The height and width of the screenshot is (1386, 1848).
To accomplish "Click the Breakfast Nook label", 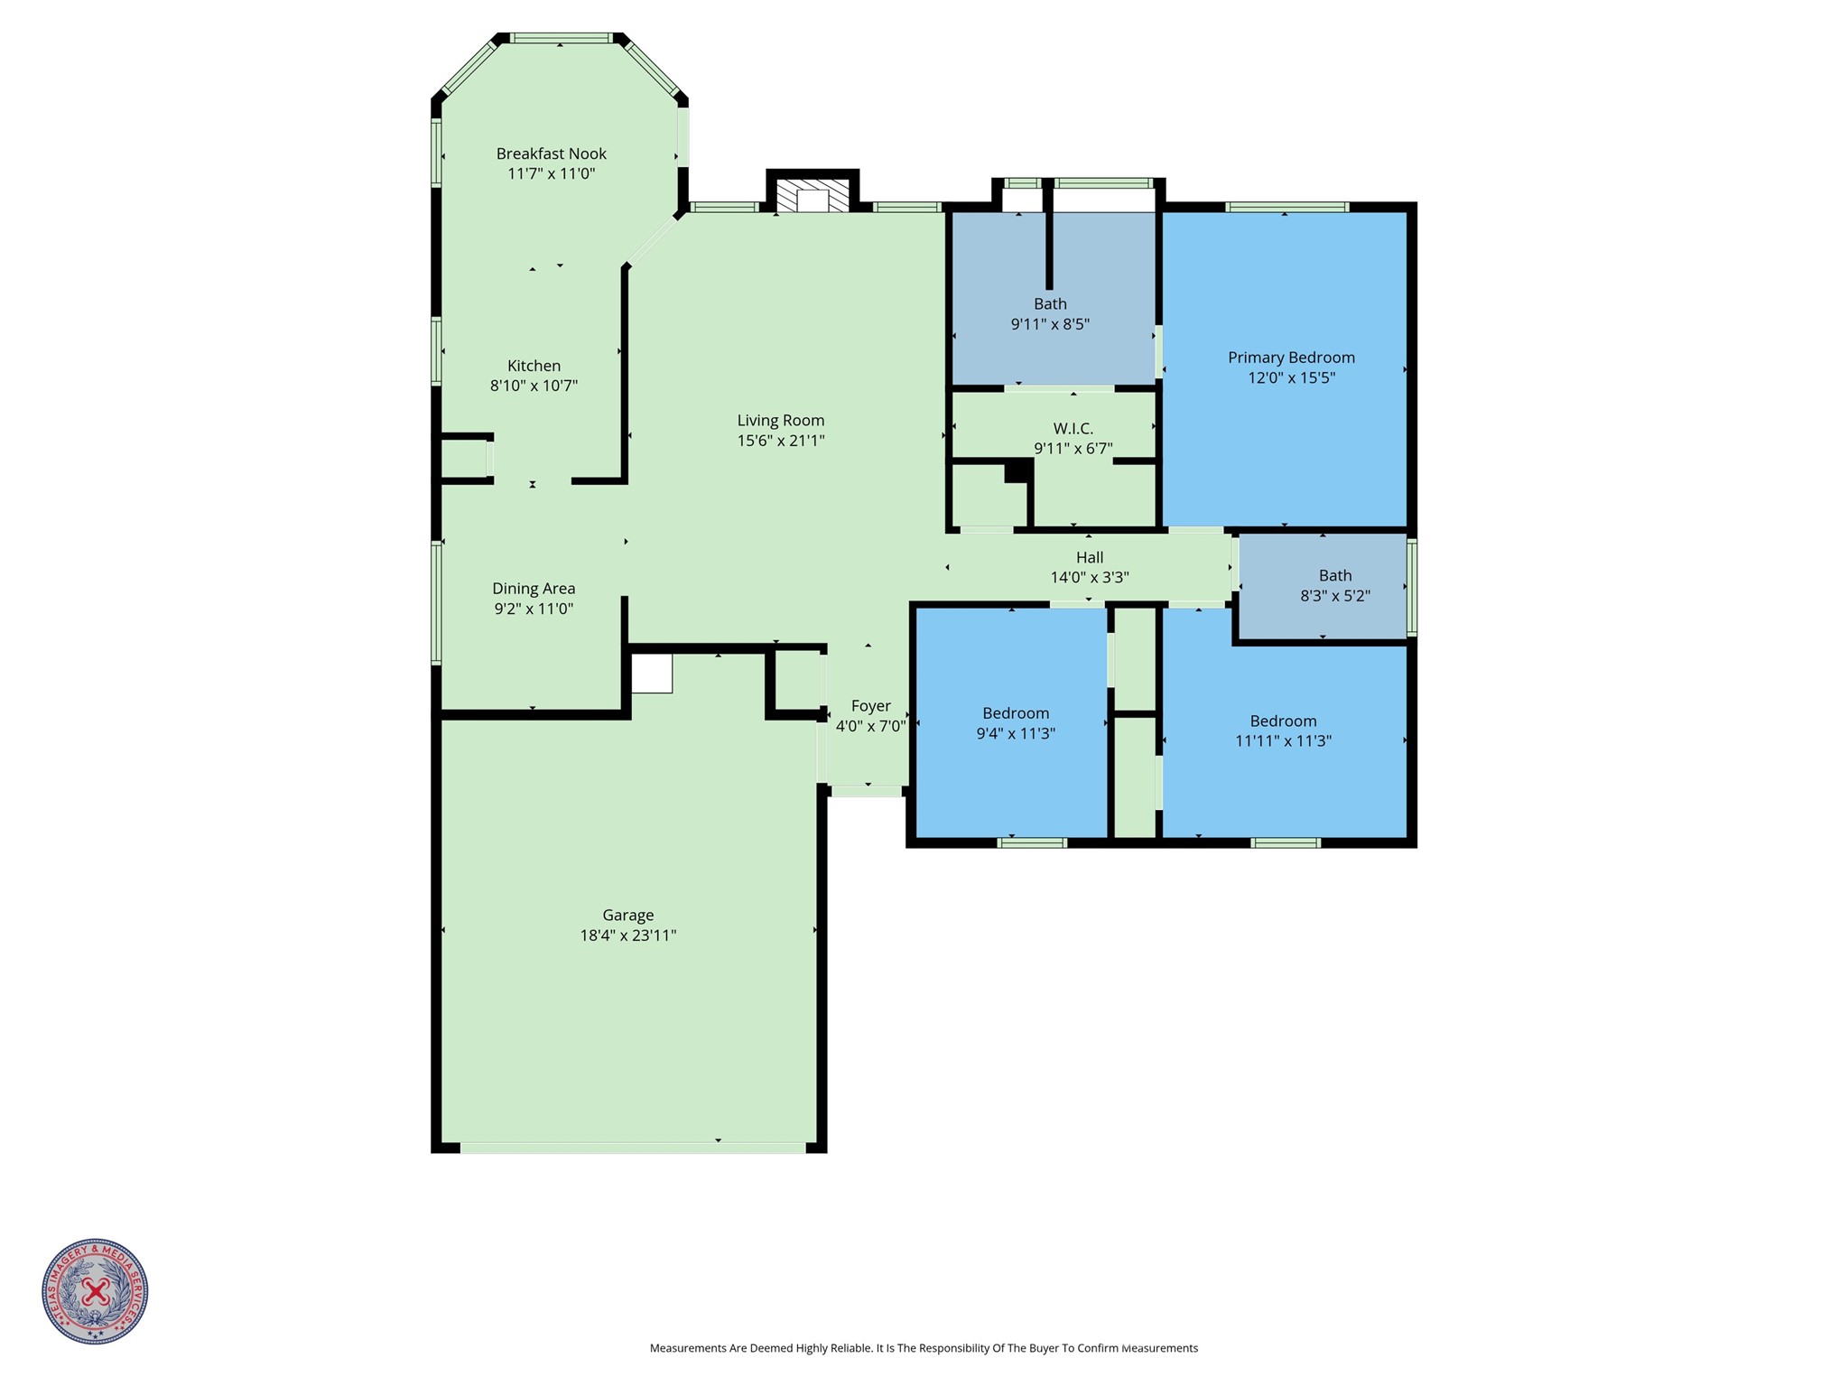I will point(551,153).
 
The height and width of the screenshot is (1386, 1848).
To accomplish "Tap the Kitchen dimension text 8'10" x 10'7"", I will point(534,386).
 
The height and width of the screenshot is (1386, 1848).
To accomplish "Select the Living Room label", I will point(780,420).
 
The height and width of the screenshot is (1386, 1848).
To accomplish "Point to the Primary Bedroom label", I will point(1290,358).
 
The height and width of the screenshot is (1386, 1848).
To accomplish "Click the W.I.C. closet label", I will point(1073,428).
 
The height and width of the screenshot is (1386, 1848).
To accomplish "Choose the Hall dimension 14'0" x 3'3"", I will point(1089,578).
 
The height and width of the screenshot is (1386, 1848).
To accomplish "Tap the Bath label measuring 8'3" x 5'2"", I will point(1334,575).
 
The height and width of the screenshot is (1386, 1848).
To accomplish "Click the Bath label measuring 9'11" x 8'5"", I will point(1050,304).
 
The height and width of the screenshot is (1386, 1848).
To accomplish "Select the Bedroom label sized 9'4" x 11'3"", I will point(1016,713).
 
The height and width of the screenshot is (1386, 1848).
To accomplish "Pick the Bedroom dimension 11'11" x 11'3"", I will point(1283,741).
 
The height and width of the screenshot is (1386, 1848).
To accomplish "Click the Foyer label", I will point(870,706).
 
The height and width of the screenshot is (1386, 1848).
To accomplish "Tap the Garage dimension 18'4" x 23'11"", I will point(627,935).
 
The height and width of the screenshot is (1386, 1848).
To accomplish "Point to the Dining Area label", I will point(534,589).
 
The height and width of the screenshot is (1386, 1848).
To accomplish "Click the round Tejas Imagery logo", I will point(95,1291).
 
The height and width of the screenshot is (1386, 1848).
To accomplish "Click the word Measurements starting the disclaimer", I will point(688,1348).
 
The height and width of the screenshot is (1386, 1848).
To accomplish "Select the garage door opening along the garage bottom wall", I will point(632,1148).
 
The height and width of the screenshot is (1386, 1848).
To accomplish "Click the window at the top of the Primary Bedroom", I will point(1286,207).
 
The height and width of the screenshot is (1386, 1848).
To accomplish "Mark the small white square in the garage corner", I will point(651,674).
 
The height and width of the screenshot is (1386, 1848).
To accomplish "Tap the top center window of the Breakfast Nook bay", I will point(560,38).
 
